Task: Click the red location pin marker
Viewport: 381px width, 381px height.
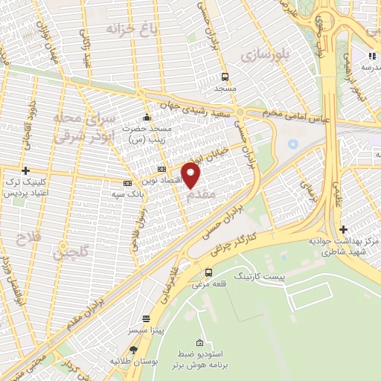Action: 191,176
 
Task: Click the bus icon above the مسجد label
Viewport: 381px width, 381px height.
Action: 225,77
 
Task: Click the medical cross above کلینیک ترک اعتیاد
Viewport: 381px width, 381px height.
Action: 26,171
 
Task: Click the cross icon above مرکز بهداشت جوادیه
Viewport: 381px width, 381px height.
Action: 343,230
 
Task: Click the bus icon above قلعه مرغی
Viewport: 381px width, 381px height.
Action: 211,272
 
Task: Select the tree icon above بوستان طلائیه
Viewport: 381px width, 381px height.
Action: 134,349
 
